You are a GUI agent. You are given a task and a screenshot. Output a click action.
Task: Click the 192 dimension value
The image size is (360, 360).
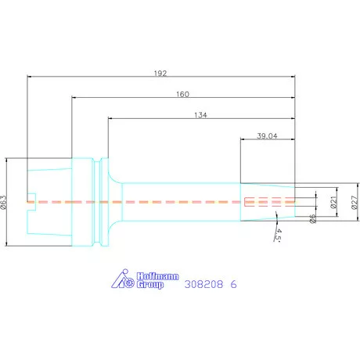click(x=160, y=74)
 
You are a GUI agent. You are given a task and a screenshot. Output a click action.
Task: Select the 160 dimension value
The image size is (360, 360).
click(x=182, y=94)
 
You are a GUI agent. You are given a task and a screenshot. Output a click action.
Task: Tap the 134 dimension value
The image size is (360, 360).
click(x=200, y=115)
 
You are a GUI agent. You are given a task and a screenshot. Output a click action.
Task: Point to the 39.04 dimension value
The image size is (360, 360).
click(x=267, y=136)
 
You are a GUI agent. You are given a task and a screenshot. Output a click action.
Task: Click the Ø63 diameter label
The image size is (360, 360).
click(x=3, y=203)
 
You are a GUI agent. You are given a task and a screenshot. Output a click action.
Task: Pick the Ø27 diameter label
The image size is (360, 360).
click(x=354, y=203)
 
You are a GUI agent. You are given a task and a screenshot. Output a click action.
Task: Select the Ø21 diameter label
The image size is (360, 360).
click(x=333, y=203)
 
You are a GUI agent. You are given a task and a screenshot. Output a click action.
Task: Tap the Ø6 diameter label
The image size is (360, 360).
click(x=312, y=218)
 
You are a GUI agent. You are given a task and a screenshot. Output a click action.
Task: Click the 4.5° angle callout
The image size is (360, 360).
click(x=278, y=235)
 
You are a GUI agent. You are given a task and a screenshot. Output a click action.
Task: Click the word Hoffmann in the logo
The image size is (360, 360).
click(x=157, y=276)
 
